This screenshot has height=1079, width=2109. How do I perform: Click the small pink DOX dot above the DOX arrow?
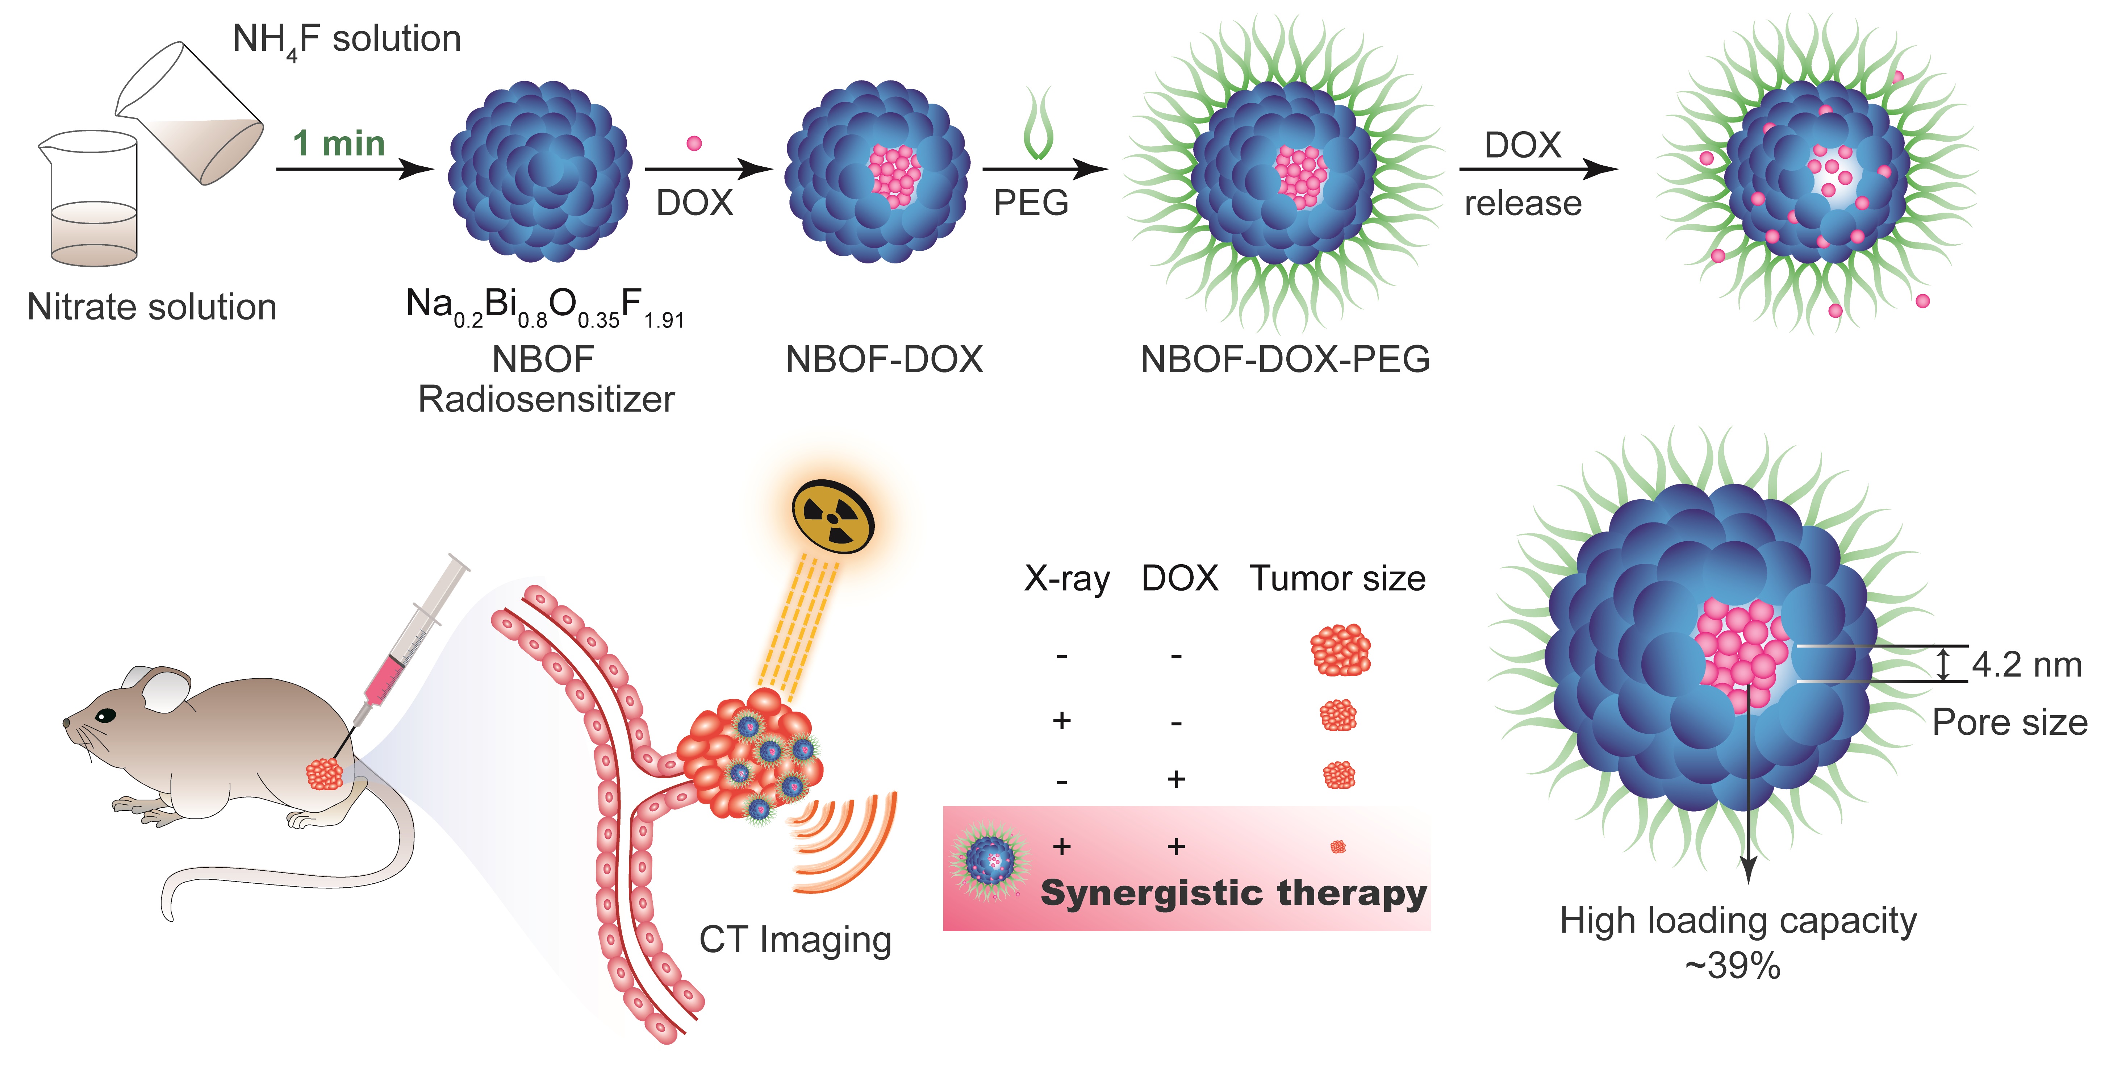[694, 143]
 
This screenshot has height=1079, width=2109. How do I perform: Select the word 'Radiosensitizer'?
[546, 400]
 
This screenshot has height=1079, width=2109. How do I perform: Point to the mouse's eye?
[105, 716]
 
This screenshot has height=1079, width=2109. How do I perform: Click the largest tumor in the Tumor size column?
[1340, 650]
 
